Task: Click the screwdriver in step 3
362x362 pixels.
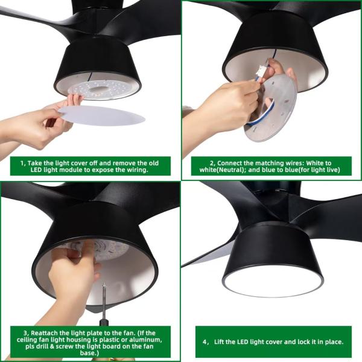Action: click(x=103, y=314)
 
